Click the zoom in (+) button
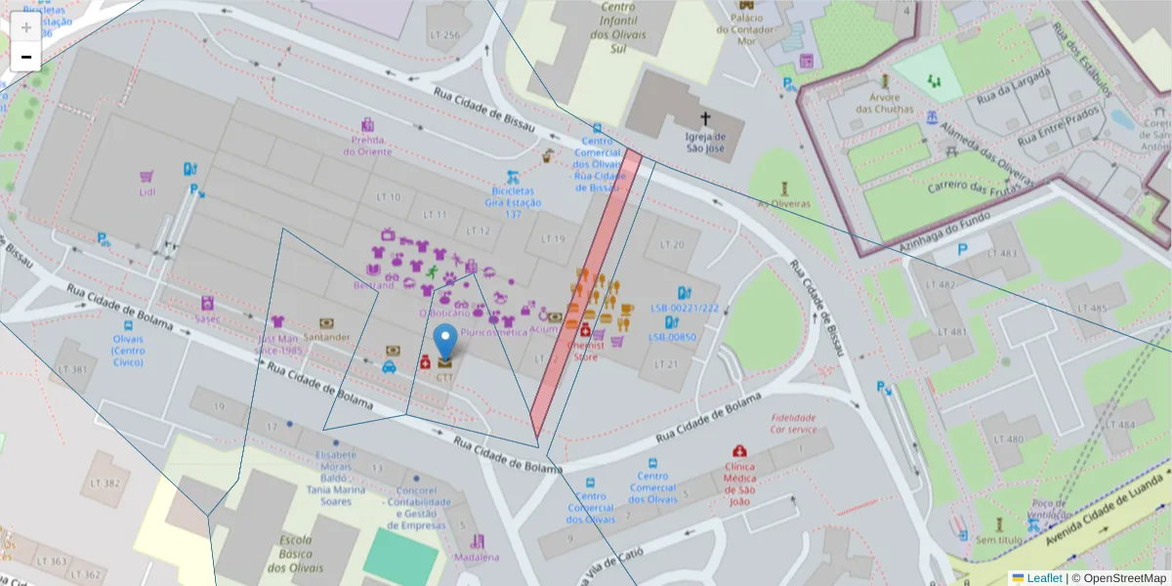pyautogui.click(x=26, y=27)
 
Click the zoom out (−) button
pyautogui.click(x=26, y=57)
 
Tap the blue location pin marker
pyautogui.click(x=444, y=344)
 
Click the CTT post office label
pyautogui.click(x=444, y=376)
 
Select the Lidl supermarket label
pyautogui.click(x=146, y=191)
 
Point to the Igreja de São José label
pyautogui.click(x=704, y=143)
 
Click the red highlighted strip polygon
pyautogui.click(x=586, y=293)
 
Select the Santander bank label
pyautogui.click(x=326, y=337)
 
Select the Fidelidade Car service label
pyautogui.click(x=793, y=423)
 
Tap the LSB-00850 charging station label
pyautogui.click(x=672, y=337)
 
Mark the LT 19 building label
pyautogui.click(x=553, y=238)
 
